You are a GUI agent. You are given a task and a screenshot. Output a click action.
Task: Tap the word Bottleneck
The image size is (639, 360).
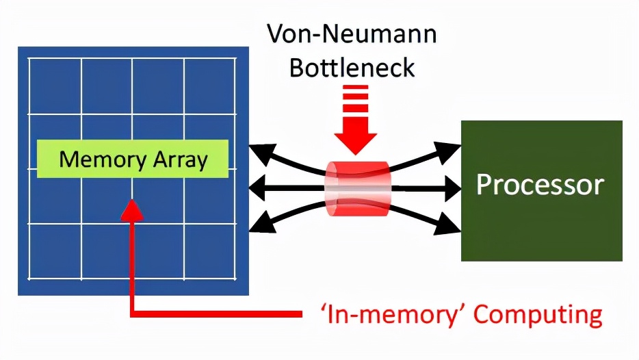coord(352,68)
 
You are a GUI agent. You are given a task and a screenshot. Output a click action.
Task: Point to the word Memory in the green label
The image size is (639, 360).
coord(97,159)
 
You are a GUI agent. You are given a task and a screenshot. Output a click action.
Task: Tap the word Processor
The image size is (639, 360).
coord(540,185)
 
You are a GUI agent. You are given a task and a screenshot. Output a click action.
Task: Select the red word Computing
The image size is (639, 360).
coord(538,315)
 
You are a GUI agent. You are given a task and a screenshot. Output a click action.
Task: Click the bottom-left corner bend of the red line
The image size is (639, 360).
coord(133,314)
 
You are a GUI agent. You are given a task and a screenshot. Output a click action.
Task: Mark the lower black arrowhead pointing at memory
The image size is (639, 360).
coord(261,220)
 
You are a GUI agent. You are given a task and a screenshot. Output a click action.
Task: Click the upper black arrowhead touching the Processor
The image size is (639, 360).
coord(452,149)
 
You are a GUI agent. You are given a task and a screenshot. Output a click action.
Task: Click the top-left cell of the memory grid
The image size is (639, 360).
coord(55,86)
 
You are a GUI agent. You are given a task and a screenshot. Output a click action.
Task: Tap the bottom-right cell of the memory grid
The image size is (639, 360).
coord(210,250)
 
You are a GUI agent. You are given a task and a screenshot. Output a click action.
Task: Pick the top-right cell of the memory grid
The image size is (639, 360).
coord(210,86)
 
